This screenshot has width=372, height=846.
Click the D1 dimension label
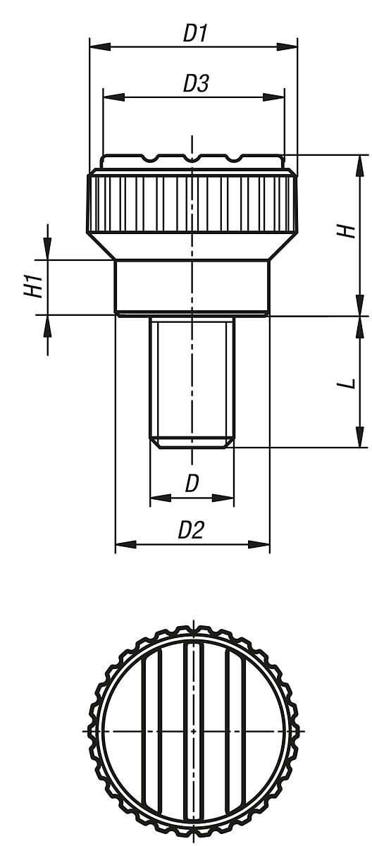pos(194,33)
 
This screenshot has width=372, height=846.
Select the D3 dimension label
pos(195,84)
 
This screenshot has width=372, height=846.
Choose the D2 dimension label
pos(190,530)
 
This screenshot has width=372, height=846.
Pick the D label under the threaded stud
pos(192,484)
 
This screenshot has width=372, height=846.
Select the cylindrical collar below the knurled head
pos(192,286)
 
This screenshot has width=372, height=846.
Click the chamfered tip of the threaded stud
pos(192,442)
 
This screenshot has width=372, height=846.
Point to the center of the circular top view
pos(192,731)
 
